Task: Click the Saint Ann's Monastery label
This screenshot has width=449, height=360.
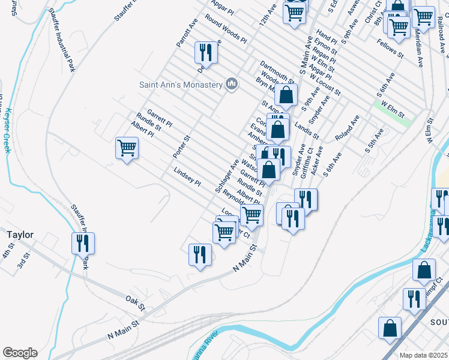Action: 181,85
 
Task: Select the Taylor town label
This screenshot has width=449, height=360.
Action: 20,235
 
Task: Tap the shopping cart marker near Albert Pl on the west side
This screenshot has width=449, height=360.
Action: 127,148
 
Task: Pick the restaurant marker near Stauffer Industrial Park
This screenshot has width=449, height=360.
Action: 82,242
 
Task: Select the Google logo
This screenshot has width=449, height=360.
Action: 20,352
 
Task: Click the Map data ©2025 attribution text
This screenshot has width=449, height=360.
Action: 424,355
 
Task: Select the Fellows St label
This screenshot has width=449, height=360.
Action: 390,49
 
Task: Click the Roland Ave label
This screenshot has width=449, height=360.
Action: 347,128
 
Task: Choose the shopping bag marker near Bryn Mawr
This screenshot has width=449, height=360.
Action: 287,94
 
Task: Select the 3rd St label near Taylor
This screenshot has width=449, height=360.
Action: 23,263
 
